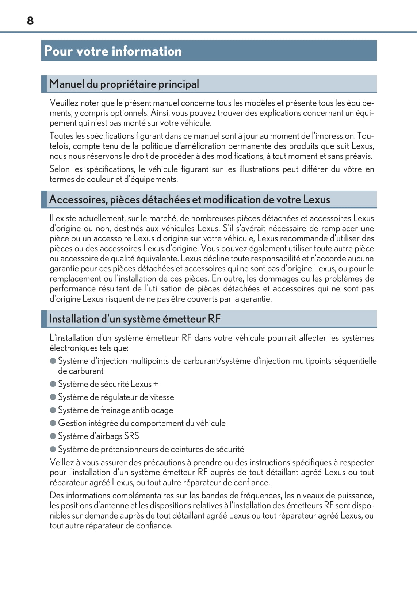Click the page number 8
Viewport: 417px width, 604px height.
click(x=30, y=21)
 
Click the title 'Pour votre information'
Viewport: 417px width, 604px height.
click(x=113, y=51)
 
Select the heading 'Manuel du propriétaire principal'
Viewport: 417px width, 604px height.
click(x=124, y=84)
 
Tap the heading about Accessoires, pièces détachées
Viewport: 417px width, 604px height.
click(x=189, y=199)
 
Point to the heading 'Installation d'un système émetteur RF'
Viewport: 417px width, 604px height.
click(x=134, y=319)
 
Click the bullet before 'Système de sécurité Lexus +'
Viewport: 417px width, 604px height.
click(x=53, y=384)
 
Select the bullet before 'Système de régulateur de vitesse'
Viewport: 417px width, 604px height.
click(x=53, y=397)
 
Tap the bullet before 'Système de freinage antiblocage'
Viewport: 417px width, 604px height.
click(x=53, y=410)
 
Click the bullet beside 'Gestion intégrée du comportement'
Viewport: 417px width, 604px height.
click(x=53, y=423)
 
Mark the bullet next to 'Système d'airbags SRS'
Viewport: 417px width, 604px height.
click(x=53, y=436)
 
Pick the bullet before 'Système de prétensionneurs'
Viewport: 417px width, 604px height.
click(x=53, y=449)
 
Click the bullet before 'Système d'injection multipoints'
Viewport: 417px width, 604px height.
click(x=53, y=361)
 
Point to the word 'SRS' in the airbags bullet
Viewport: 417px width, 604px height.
click(x=131, y=436)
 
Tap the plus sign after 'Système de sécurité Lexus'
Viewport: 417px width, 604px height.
click(x=156, y=384)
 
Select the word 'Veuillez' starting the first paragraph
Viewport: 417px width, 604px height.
click(x=64, y=103)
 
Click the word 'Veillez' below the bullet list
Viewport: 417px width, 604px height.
click(x=62, y=462)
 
